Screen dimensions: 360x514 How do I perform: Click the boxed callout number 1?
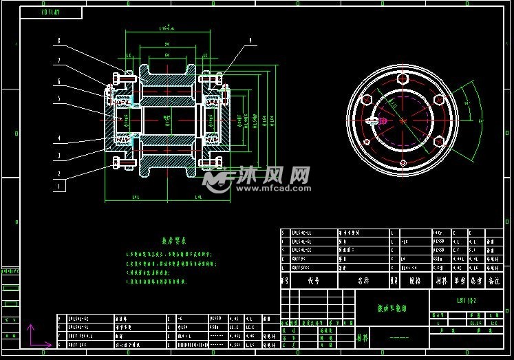pos(59,185)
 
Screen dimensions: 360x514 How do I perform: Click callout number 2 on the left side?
pos(59,173)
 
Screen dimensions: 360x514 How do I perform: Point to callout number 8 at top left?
pos(59,41)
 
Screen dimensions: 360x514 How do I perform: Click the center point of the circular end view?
pos(403,121)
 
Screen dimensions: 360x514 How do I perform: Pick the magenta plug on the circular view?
pos(374,122)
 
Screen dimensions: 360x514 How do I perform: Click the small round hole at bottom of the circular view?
pos(403,163)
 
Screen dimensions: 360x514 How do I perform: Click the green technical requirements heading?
pos(173,241)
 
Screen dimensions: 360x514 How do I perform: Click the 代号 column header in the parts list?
pos(314,281)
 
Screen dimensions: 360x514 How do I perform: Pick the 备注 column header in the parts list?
pos(494,281)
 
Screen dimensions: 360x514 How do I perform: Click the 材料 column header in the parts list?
pos(440,281)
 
